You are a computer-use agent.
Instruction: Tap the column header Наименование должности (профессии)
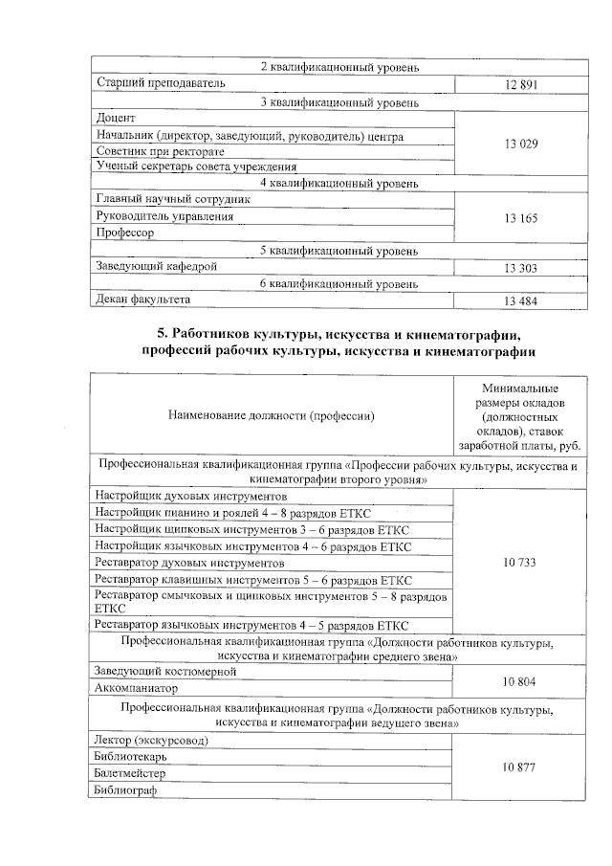[x=272, y=415]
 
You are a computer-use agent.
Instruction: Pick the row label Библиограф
[x=124, y=790]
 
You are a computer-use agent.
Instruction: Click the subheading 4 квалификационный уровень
[x=339, y=183]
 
